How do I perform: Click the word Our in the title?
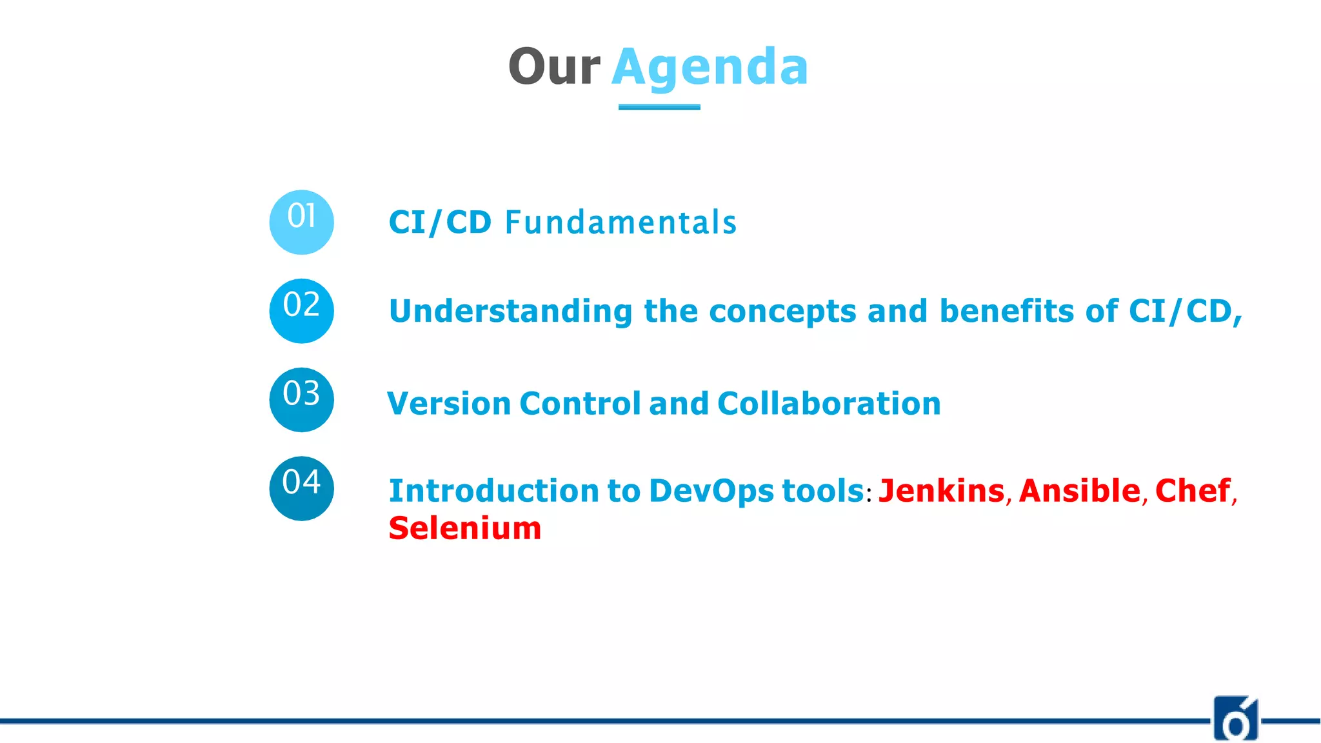point(553,67)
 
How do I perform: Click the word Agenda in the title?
point(710,67)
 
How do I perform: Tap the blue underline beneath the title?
point(659,107)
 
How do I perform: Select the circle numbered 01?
point(301,222)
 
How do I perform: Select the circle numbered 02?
point(301,311)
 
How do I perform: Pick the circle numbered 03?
point(301,399)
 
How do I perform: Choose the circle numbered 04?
point(301,488)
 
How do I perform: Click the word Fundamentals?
point(621,223)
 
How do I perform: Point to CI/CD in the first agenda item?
point(440,223)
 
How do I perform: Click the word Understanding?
point(510,312)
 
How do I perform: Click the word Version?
point(449,404)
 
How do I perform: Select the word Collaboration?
point(829,404)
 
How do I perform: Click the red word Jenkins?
point(941,491)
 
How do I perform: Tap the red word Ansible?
point(1079,491)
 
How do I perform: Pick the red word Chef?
point(1193,491)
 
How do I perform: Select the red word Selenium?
point(464,528)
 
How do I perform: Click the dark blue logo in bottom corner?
point(1235,718)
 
